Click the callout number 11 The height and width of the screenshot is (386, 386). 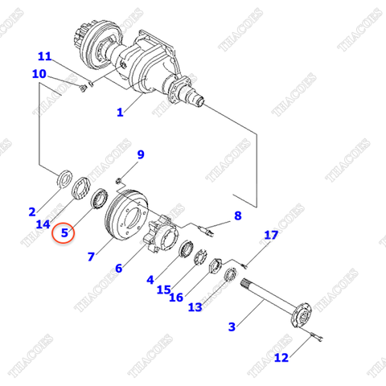[45, 56]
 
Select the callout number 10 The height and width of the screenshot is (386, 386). [39, 74]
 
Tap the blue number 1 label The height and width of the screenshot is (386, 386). [120, 113]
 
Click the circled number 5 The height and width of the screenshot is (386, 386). [64, 232]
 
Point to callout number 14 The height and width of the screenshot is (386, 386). [43, 224]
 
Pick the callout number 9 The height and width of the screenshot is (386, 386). [141, 154]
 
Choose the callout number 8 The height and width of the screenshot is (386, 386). [238, 216]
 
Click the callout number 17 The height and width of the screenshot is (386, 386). [271, 235]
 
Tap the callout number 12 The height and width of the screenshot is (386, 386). [281, 358]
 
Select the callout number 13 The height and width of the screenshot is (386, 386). [195, 307]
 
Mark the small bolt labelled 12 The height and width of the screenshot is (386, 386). [317, 337]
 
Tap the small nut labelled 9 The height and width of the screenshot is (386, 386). [118, 181]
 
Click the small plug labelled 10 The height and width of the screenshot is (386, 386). [84, 88]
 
